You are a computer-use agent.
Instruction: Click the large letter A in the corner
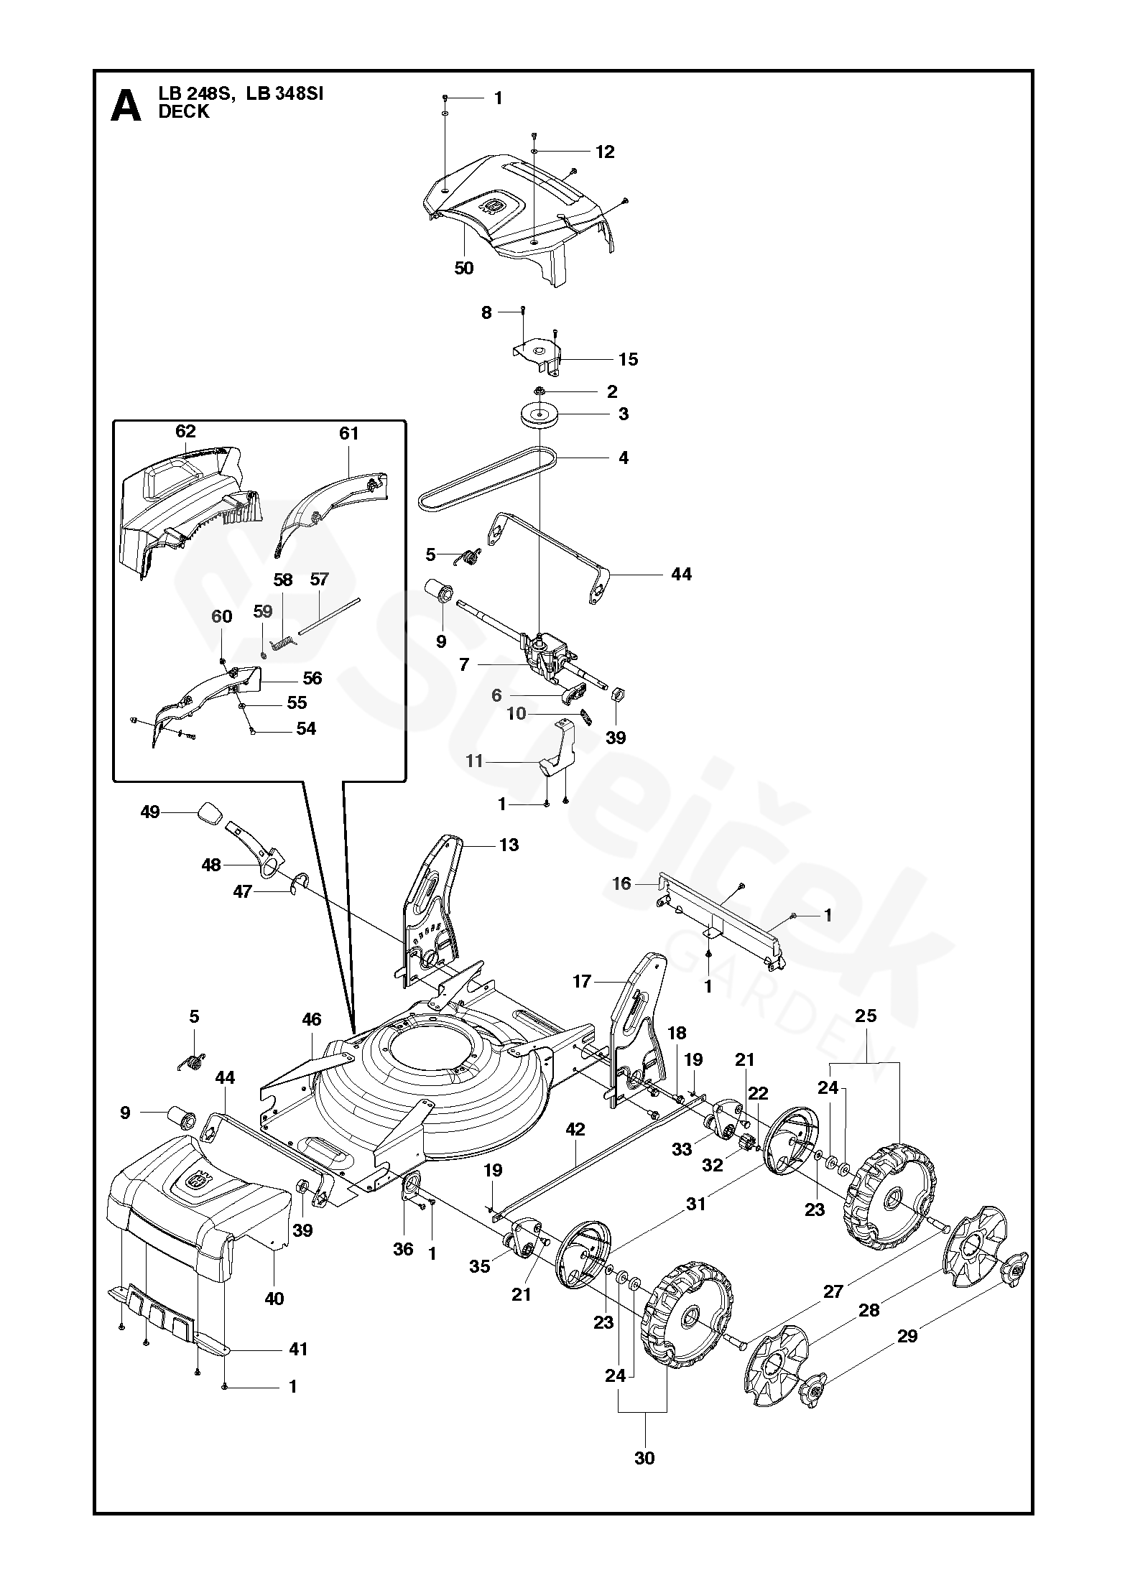coord(126,106)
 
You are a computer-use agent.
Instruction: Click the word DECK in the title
coord(184,112)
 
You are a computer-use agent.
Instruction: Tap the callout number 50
coord(464,268)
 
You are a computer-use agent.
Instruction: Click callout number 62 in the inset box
coord(185,431)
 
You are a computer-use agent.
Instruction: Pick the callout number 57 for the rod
coord(319,579)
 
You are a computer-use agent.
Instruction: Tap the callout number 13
coord(509,845)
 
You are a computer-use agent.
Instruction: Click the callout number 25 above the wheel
coord(866,1016)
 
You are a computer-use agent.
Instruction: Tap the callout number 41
coord(297,1350)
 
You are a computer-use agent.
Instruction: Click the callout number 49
coord(149,812)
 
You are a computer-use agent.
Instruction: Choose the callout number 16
coord(621,883)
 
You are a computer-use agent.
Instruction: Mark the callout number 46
coord(311,1020)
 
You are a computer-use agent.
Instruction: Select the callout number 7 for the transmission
coord(464,665)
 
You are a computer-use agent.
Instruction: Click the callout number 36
coord(404,1249)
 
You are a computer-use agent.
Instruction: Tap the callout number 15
coord(628,359)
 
